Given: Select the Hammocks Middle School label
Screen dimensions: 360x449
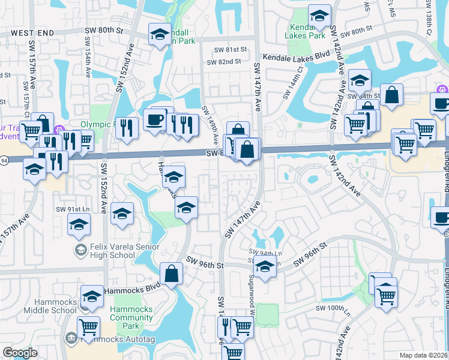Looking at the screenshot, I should coord(50,306).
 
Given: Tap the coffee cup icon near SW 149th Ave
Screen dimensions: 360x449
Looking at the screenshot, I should coord(155,119).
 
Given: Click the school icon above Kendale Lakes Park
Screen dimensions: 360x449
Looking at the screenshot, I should coord(319,15).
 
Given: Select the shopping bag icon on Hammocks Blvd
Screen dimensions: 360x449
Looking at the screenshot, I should coord(172,273).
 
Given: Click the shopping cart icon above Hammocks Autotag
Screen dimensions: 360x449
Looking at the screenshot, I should coord(89,326).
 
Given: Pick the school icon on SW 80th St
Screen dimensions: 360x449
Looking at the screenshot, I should coord(160,35).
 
